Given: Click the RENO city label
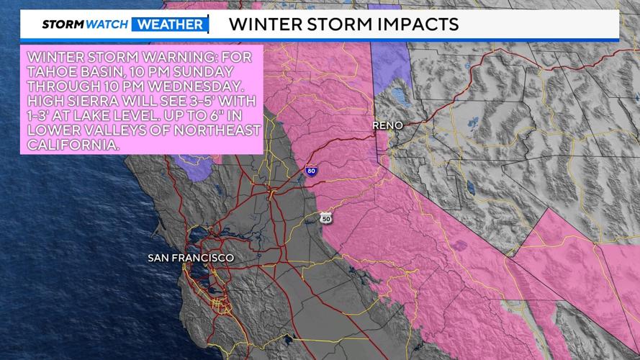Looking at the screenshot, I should [x=387, y=125].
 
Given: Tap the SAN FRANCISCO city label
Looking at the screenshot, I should [x=191, y=257].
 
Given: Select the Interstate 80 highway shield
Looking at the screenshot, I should [x=310, y=171].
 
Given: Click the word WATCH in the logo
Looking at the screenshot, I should [x=108, y=24].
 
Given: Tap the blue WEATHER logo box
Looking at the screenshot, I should [x=169, y=24].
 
